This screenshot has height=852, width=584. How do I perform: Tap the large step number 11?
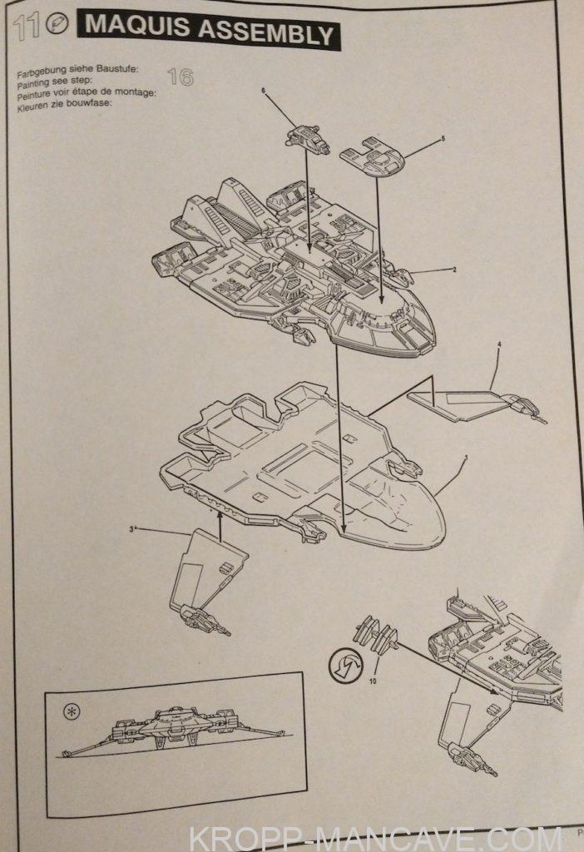pyautogui.click(x=26, y=27)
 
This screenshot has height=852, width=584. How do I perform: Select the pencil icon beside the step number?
pyautogui.click(x=57, y=24)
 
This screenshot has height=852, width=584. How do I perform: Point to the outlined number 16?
pyautogui.click(x=181, y=77)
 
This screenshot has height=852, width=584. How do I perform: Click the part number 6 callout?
pyautogui.click(x=264, y=91)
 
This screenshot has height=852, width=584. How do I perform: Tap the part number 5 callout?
pyautogui.click(x=443, y=139)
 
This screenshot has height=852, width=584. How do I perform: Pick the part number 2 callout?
pyautogui.click(x=455, y=270)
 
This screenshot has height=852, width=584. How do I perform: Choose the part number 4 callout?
pyautogui.click(x=498, y=344)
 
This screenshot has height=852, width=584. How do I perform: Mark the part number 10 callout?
pyautogui.click(x=373, y=681)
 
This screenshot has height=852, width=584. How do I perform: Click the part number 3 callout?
pyautogui.click(x=132, y=528)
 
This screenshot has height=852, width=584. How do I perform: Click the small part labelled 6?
pyautogui.click(x=308, y=138)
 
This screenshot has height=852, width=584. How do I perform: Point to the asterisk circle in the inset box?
pyautogui.click(x=72, y=712)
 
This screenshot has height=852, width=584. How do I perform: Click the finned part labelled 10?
pyautogui.click(x=375, y=635)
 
